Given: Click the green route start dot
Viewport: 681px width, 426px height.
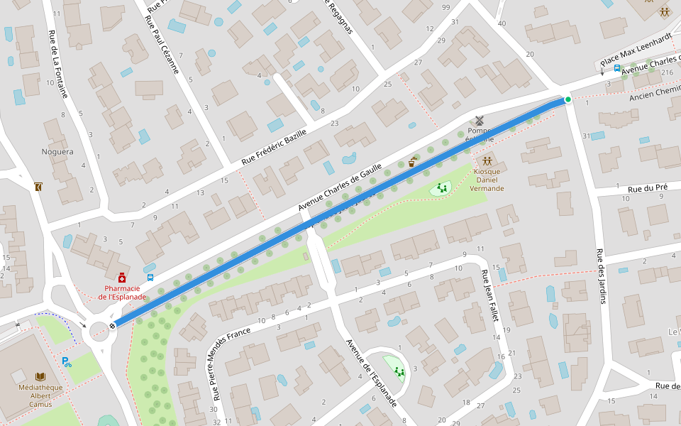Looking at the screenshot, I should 567,99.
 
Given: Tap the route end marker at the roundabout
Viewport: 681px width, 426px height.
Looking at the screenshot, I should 112,326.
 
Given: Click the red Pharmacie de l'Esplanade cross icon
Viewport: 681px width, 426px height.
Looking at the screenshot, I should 122,277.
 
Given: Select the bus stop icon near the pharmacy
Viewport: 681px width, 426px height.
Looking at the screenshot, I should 150,278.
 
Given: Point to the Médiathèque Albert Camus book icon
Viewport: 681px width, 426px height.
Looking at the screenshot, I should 40,376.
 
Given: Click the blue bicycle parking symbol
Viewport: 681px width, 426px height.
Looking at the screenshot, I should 67,362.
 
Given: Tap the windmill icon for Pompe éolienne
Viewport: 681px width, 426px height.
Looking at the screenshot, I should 478,121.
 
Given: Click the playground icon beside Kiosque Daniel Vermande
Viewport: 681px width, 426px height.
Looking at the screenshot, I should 442,187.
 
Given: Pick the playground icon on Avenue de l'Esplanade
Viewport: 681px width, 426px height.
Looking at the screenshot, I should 399,371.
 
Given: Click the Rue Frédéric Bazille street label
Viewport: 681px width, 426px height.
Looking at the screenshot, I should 274,146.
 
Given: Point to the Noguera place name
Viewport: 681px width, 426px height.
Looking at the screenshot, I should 57,152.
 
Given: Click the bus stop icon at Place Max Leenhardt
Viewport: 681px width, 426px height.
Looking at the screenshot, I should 617,69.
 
